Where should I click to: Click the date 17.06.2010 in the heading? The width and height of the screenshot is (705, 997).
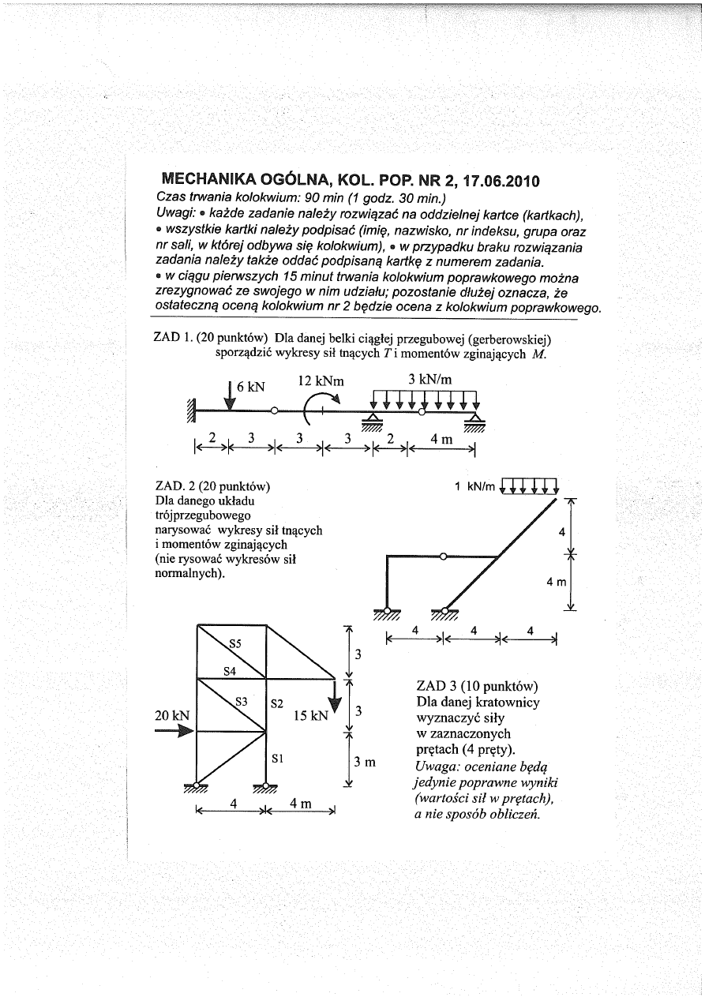pos(488,181)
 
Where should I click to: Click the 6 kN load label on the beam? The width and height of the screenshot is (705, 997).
pos(251,387)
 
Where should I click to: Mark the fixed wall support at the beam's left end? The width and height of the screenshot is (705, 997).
pos(189,410)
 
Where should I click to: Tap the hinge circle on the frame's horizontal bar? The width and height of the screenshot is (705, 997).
pos(443,557)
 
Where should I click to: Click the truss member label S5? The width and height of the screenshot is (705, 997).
pos(234,643)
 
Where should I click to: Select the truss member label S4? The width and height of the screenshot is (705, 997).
pos(231,672)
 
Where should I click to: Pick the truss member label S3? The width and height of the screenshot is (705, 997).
pos(242,700)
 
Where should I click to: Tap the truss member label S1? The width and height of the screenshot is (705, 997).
pos(277,758)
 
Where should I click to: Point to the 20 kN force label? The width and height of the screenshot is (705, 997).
pos(174,715)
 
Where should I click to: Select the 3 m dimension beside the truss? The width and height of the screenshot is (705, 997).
pos(363,762)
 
